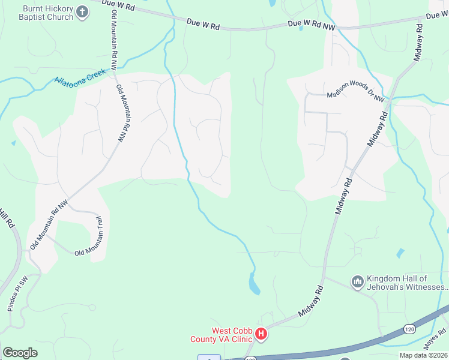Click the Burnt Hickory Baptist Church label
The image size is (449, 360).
[x=48, y=13]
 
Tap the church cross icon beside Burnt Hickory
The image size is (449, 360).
[x=83, y=11]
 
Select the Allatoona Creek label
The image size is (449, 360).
[x=80, y=78]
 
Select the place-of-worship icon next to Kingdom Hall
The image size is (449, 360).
[x=358, y=281]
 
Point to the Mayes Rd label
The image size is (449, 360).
[x=435, y=339]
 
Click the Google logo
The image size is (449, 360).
[x=20, y=352]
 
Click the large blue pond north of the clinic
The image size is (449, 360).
[x=255, y=283]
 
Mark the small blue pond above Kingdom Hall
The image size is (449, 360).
[x=400, y=253]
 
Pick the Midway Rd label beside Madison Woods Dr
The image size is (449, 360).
[x=376, y=130]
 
